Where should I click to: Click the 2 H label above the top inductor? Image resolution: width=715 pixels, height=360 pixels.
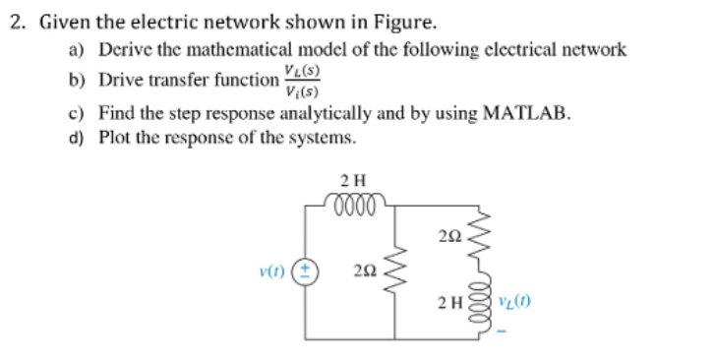[x=350, y=180]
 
